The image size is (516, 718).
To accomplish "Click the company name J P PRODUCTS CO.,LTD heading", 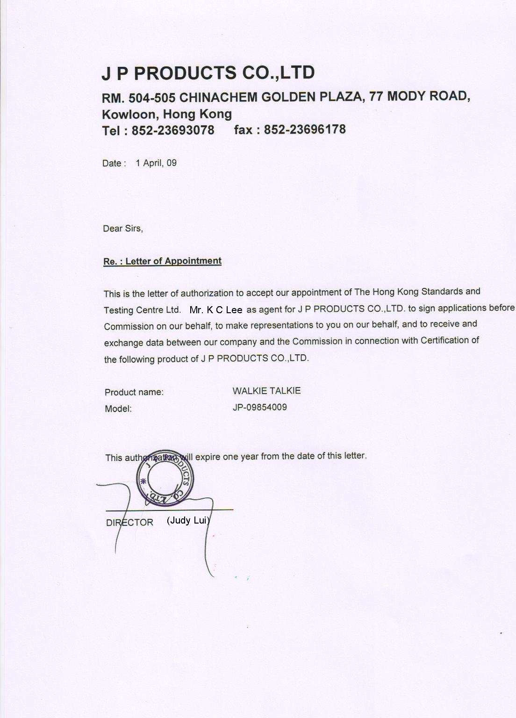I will [208, 73].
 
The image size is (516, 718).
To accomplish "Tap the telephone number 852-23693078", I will [173, 130].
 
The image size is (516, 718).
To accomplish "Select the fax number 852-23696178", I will [305, 129].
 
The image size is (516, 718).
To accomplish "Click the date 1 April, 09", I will [156, 163].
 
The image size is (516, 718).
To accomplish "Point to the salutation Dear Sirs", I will [123, 229].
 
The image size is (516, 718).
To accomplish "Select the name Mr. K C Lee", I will [216, 309].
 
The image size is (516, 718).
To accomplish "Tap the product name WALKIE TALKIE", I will [266, 391].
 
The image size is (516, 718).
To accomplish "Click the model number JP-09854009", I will [260, 407].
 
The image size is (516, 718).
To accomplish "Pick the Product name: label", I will [134, 392].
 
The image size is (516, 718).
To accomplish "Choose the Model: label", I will [118, 409].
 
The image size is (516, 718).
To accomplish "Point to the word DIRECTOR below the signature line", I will [129, 523].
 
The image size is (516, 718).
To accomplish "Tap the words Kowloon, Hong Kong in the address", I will [167, 114].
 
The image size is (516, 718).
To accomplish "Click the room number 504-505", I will [152, 98].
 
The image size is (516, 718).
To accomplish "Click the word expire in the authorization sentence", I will [208, 456].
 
